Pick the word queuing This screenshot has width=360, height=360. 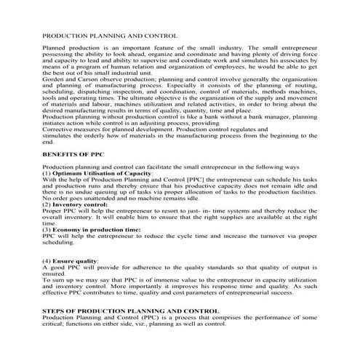click(106, 192)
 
